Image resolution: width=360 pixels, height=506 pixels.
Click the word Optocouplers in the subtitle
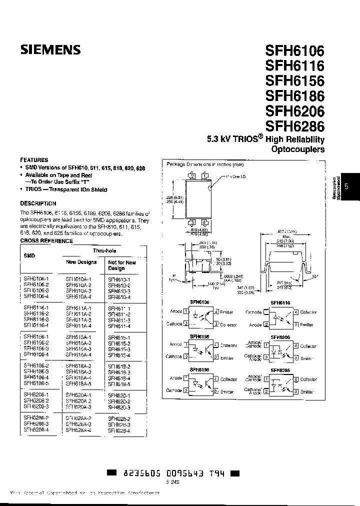297,149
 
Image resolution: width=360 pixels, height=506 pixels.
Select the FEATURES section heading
34,160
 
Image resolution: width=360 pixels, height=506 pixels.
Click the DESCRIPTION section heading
38,203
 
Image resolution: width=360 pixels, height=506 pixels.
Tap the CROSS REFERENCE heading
46,241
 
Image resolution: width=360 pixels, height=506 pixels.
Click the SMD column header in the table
29,255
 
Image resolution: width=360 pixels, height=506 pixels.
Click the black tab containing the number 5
347,186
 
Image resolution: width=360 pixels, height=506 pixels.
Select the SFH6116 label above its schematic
280,303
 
